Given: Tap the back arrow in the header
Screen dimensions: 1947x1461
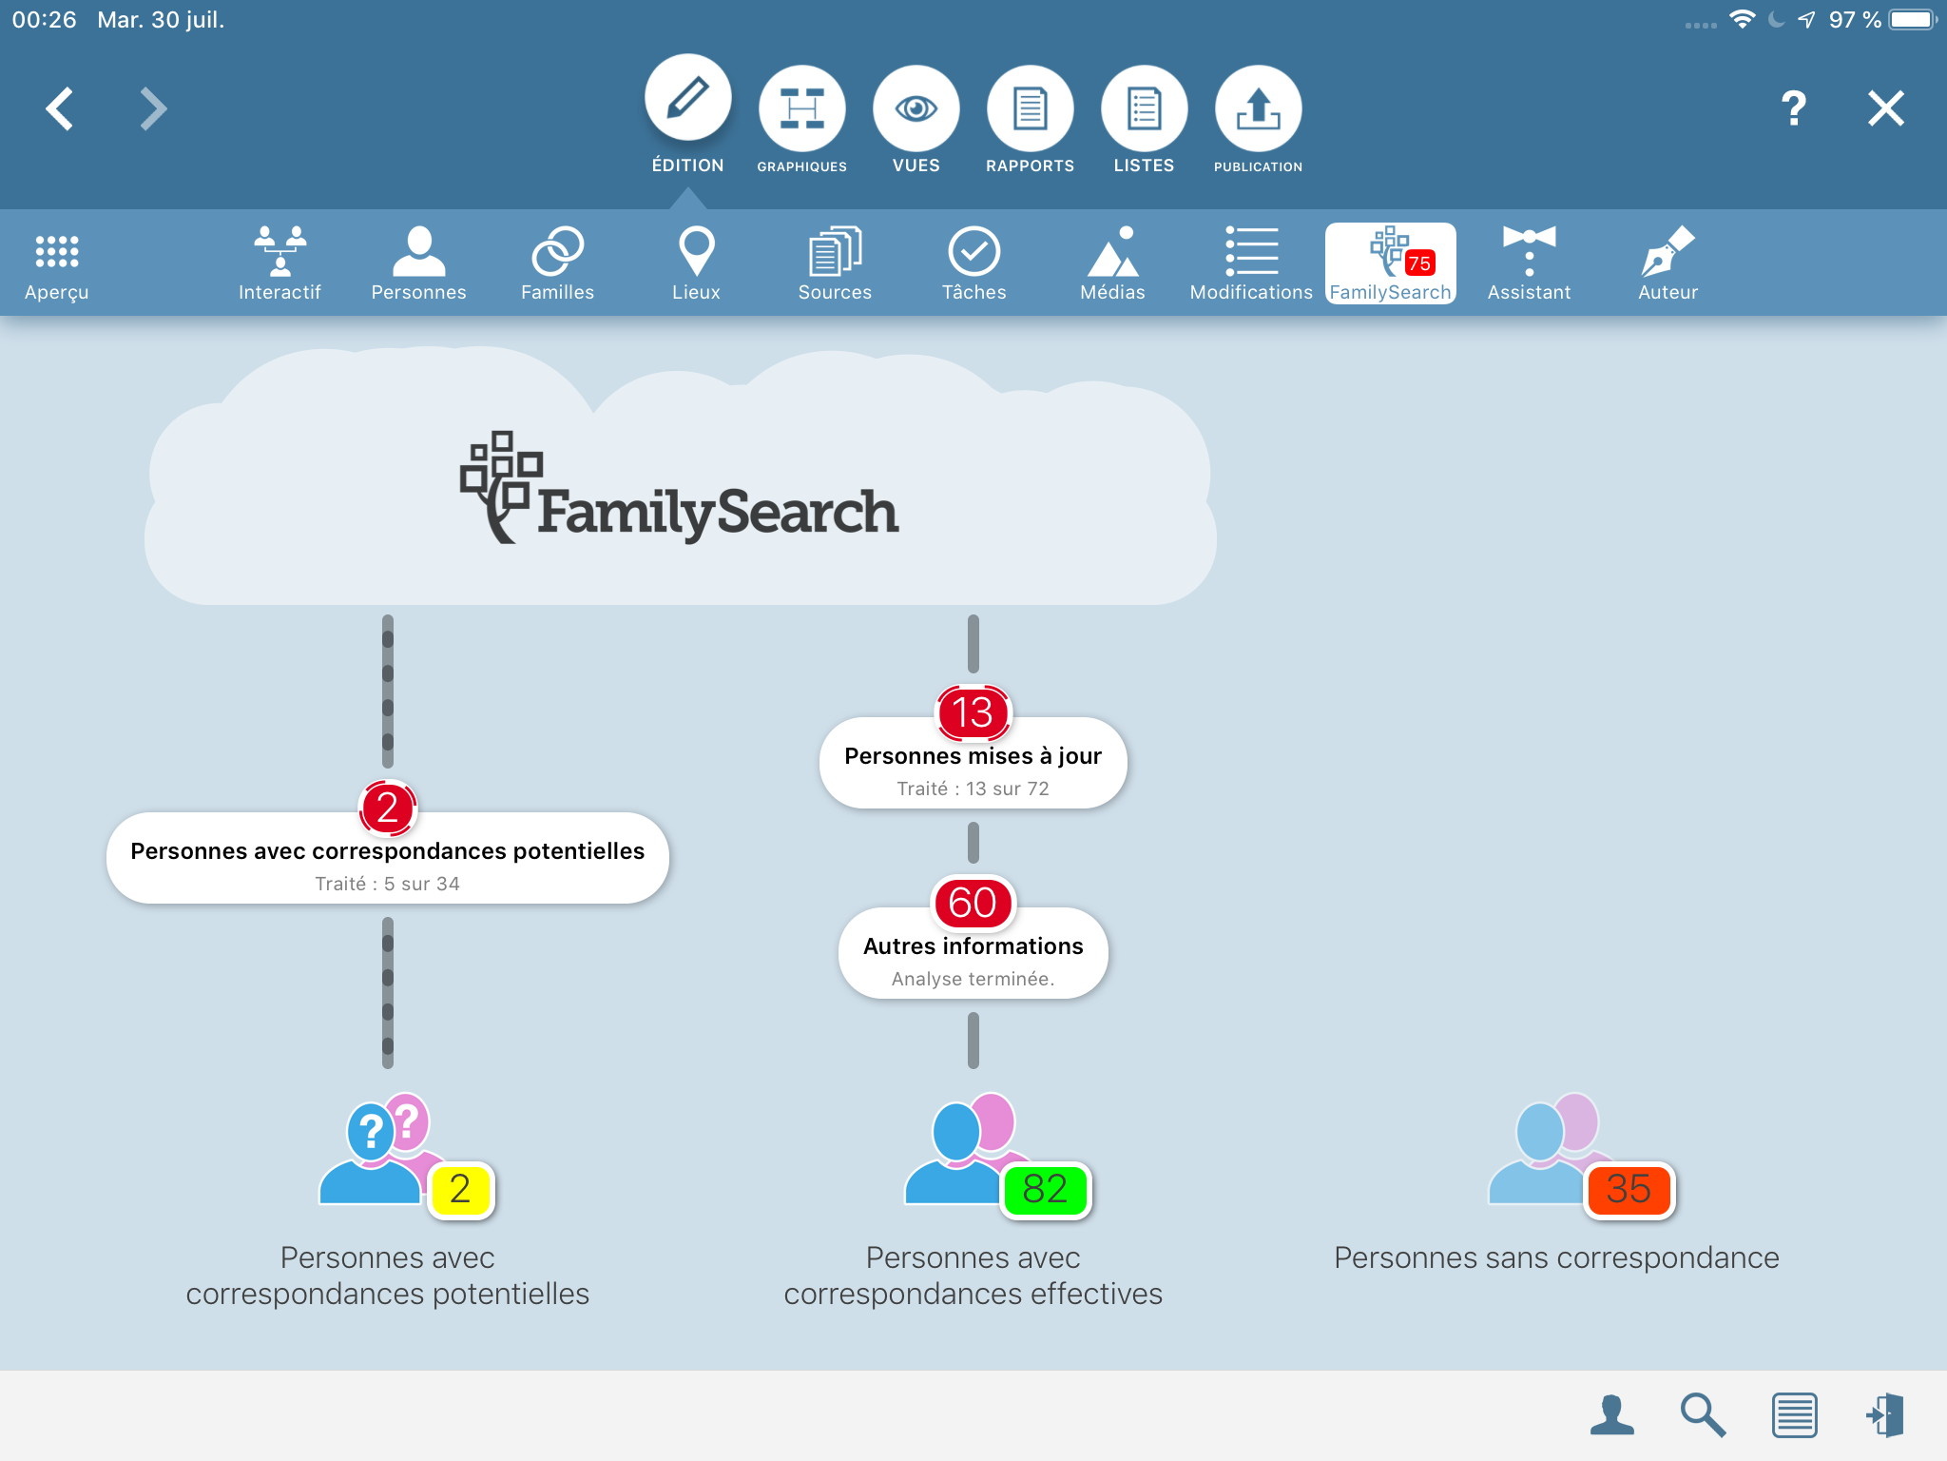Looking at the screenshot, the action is coord(59,108).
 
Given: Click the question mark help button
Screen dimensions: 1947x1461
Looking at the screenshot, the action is coord(1793,108).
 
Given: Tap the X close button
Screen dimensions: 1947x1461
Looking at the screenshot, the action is coord(1886,108).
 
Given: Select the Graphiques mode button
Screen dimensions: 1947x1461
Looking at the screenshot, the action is coord(802,108).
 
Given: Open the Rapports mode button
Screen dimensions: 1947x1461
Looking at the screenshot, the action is coord(1031,108).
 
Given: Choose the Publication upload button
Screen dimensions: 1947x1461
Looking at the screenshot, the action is coord(1259,108).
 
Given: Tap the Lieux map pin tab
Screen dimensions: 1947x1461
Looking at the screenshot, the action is coord(696,263).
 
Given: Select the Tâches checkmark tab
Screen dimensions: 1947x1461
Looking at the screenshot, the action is coord(973,263).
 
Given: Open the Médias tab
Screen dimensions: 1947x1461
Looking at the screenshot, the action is coord(1112,263).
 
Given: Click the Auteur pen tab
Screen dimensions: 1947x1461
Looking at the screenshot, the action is coord(1667,263).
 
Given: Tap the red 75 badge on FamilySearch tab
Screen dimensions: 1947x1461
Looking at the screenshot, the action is coord(1419,263).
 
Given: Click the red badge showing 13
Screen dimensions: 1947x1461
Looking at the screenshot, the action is coord(973,712).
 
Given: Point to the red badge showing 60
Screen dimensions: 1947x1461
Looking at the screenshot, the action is coord(973,903).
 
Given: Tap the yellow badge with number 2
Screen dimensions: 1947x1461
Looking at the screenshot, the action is coord(460,1189).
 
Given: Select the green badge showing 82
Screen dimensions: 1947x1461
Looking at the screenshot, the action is coord(1046,1189).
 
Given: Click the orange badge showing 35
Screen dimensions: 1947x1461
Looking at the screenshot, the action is coord(1629,1189).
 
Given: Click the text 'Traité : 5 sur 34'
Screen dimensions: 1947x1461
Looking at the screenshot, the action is coord(388,884).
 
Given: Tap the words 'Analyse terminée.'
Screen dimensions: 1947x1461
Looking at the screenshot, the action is coord(973,979).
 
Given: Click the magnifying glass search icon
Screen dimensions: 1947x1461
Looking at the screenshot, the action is coord(1703,1414).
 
